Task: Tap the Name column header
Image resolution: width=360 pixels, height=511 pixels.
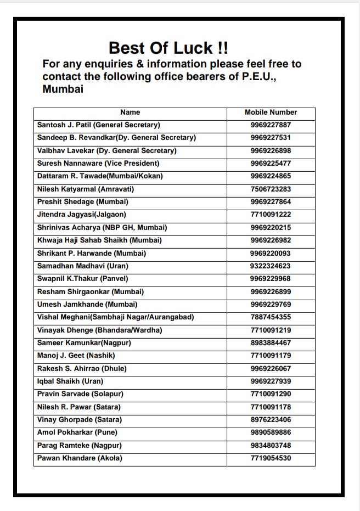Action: [x=130, y=112]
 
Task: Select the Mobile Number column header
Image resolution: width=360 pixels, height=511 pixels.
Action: [x=271, y=112]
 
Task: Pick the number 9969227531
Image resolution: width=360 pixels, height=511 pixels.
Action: [x=271, y=138]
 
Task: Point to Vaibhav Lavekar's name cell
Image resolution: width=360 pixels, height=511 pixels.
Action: [x=106, y=150]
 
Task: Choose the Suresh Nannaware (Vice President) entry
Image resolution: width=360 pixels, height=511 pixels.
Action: [x=98, y=164]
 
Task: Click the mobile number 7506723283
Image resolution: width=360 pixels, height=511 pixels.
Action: [x=271, y=189]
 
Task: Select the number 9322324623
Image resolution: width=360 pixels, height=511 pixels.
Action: [x=271, y=266]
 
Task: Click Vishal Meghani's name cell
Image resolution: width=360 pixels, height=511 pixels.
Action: [x=115, y=317]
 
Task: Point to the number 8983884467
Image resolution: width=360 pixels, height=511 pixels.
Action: [x=271, y=343]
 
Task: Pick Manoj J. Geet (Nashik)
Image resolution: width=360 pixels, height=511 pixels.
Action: [x=75, y=356]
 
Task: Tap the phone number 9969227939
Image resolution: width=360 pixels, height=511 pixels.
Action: [x=271, y=381]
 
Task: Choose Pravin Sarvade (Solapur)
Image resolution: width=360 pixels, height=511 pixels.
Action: [x=80, y=394]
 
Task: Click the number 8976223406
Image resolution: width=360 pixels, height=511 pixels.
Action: [x=271, y=420]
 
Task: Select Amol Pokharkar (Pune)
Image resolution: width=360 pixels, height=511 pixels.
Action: [x=77, y=433]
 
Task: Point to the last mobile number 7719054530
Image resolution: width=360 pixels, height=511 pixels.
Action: [x=271, y=458]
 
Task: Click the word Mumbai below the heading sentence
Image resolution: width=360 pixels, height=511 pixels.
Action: [x=63, y=89]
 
